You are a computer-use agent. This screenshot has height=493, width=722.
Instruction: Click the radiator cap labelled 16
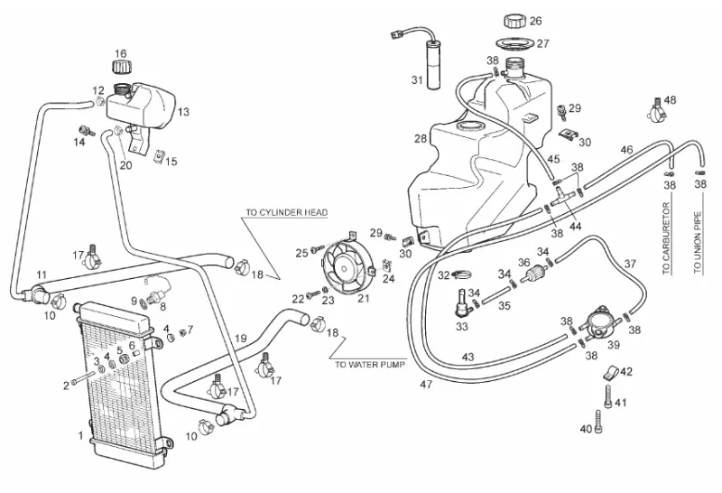(x=120, y=68)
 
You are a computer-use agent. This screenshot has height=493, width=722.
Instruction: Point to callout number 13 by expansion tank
(x=183, y=112)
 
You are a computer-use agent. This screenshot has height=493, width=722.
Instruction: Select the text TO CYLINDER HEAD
(x=286, y=213)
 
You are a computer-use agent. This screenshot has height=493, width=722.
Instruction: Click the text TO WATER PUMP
(x=369, y=365)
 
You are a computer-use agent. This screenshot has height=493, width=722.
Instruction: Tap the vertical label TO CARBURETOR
(x=666, y=242)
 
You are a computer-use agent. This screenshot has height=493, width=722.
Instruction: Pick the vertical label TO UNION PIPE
(x=697, y=242)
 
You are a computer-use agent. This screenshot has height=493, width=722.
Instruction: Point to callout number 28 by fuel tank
(x=421, y=139)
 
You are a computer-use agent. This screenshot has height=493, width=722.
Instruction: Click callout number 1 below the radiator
(x=81, y=436)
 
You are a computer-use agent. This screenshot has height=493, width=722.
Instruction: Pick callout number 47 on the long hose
(x=426, y=385)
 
